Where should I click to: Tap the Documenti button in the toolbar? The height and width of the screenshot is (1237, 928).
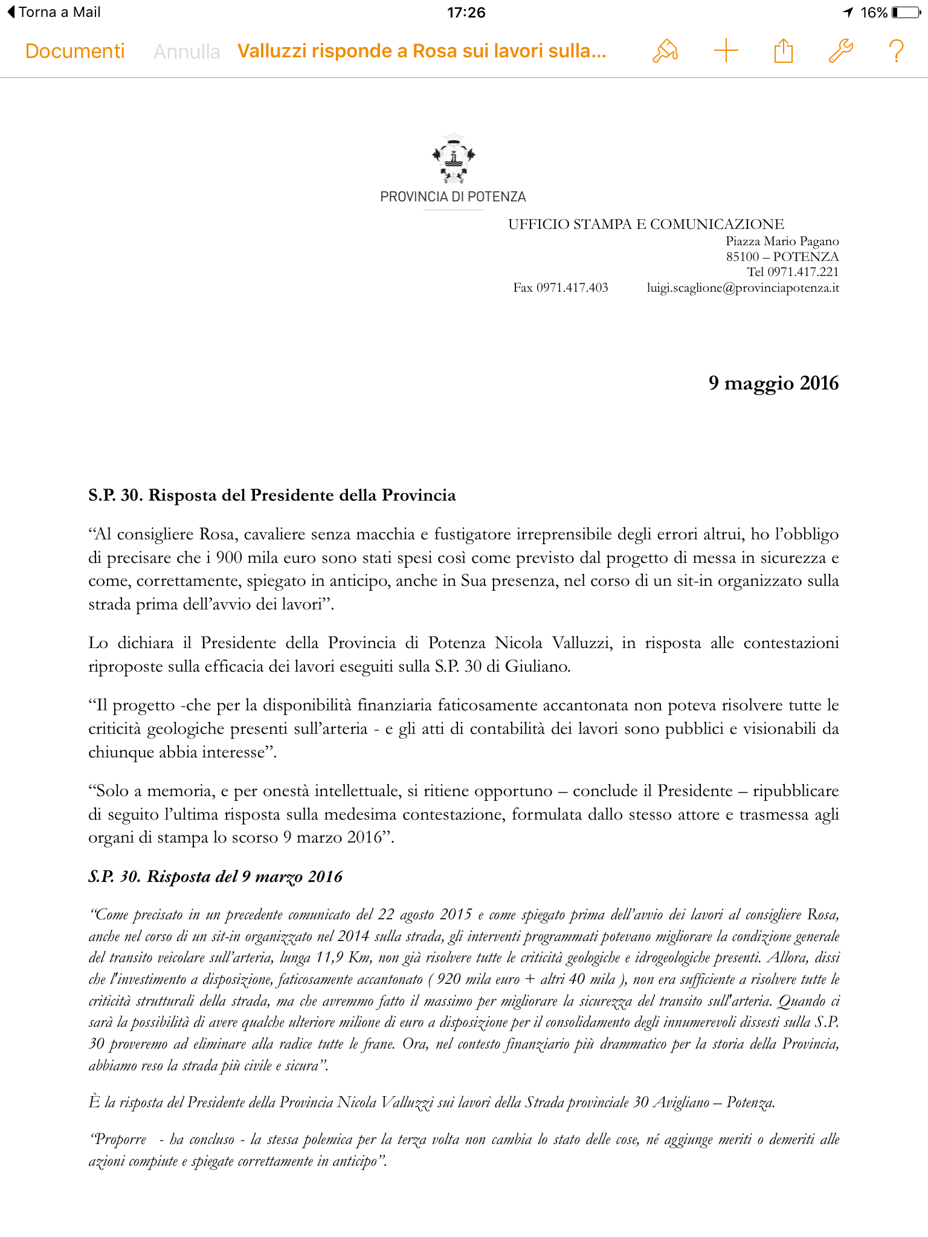pos(75,51)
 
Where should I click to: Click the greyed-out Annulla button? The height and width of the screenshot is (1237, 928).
pos(187,52)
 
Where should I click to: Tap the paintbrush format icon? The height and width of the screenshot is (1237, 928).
pos(665,51)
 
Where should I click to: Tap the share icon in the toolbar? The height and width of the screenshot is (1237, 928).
pos(783,51)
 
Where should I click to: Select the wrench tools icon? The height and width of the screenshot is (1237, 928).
pos(840,51)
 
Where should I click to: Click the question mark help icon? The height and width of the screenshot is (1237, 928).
pos(897,51)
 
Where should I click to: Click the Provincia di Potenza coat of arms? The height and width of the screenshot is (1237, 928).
pos(453,159)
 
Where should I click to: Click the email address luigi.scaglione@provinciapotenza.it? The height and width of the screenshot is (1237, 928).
pos(743,288)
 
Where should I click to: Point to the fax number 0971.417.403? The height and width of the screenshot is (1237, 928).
pos(561,288)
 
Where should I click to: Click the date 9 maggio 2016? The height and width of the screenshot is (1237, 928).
pos(773,383)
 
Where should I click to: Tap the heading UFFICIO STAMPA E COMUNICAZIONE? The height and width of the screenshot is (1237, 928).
pos(646,225)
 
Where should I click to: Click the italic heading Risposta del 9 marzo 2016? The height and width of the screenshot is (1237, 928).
pos(216,876)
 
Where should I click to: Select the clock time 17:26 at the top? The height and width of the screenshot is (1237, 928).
pos(466,12)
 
